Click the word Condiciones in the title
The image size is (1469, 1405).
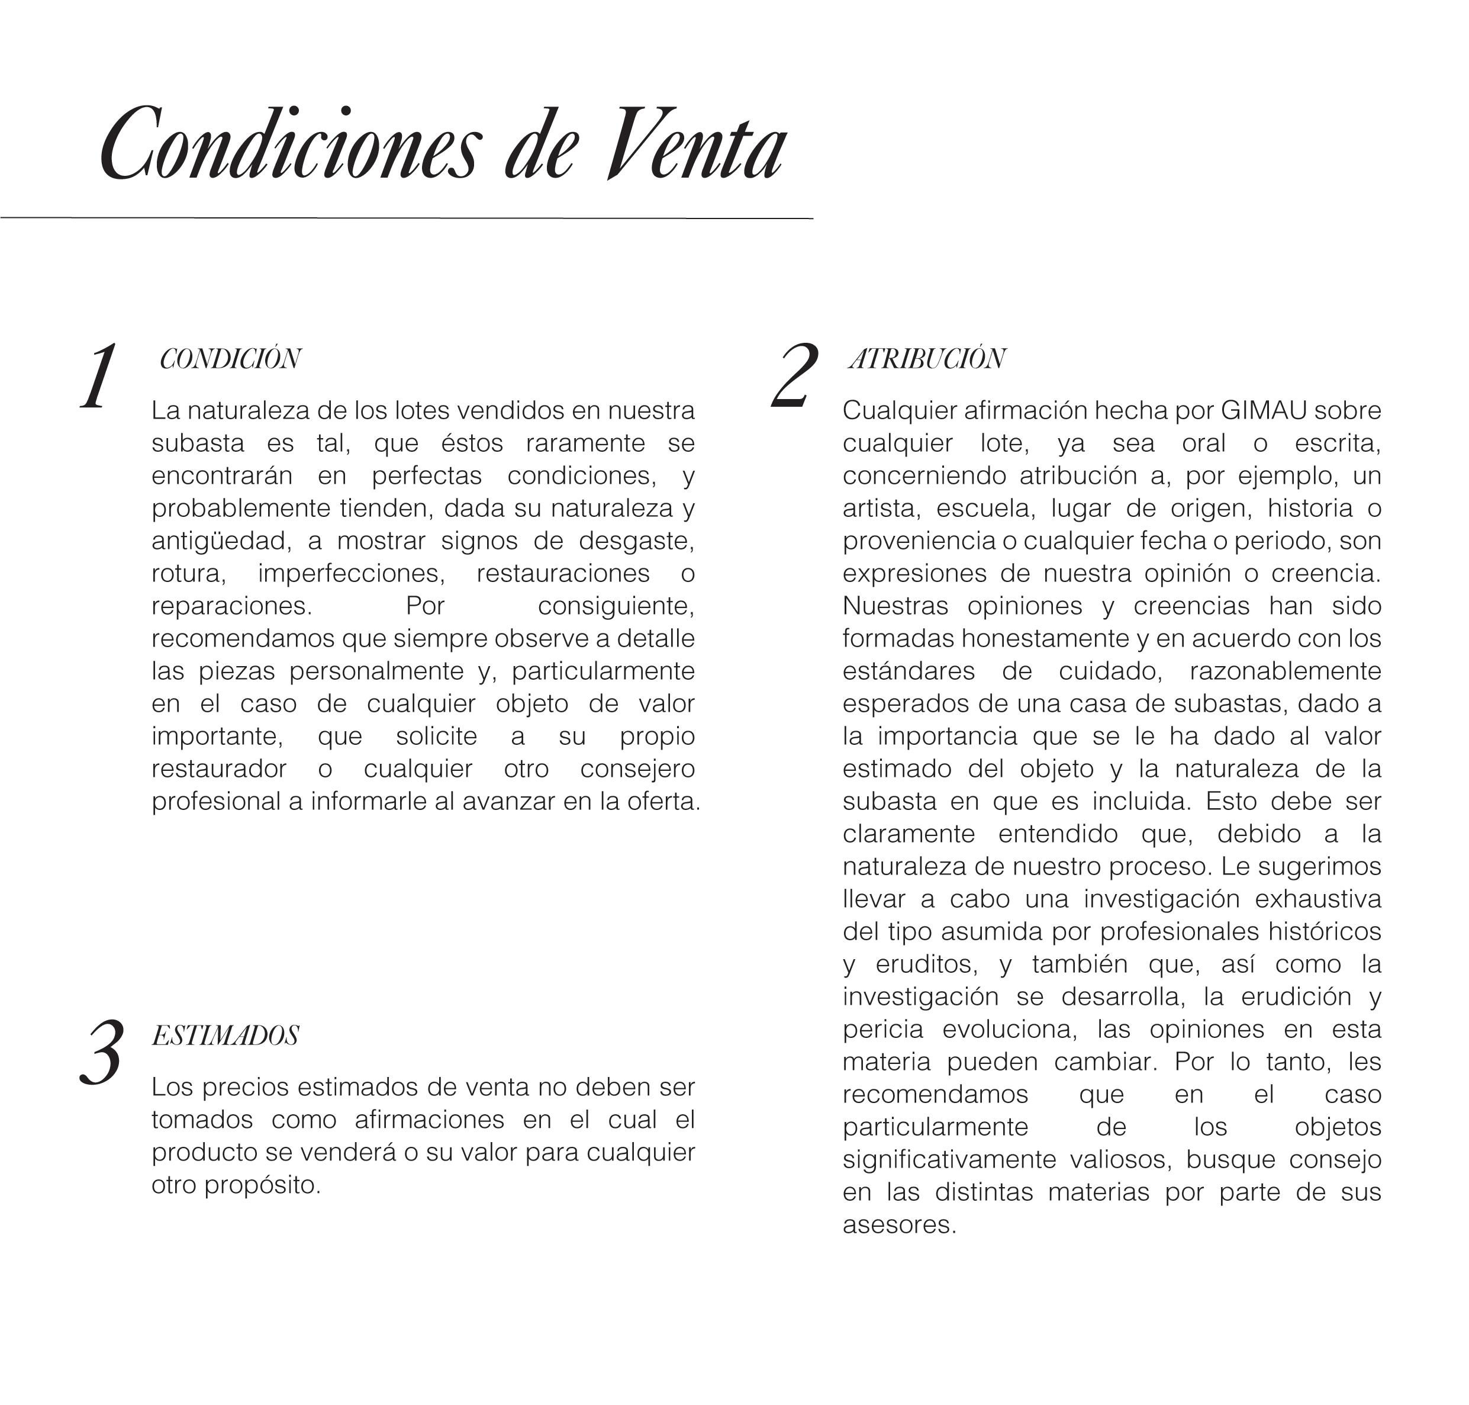pyautogui.click(x=288, y=145)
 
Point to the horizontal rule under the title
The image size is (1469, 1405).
pyautogui.click(x=406, y=218)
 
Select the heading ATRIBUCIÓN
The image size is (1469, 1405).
pyautogui.click(x=927, y=359)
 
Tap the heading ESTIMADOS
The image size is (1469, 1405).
pyautogui.click(x=225, y=1036)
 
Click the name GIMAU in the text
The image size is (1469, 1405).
pyautogui.click(x=1263, y=410)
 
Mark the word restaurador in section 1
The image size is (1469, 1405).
pyautogui.click(x=218, y=769)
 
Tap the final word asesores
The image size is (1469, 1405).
pyautogui.click(x=898, y=1224)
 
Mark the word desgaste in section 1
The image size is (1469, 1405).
pyautogui.click(x=635, y=541)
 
